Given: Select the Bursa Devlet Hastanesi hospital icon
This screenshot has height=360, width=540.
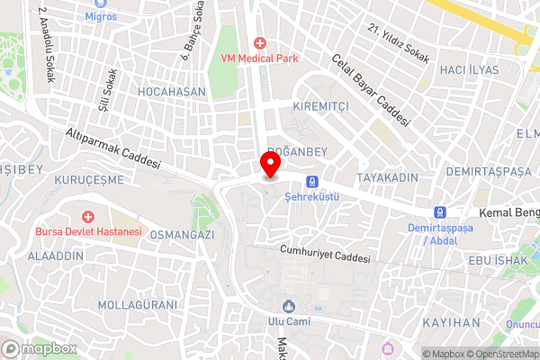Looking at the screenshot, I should [88, 217].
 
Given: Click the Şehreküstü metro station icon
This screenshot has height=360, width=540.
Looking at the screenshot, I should [311, 181].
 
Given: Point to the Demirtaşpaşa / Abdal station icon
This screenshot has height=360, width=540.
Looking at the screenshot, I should [439, 212].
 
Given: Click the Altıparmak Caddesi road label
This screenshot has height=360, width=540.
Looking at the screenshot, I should [112, 148].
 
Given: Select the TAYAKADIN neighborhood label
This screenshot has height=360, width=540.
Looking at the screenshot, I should [387, 176].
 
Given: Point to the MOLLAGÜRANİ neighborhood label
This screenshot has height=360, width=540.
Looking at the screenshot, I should [138, 304].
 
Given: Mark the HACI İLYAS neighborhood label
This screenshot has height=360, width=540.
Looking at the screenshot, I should [469, 69].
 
